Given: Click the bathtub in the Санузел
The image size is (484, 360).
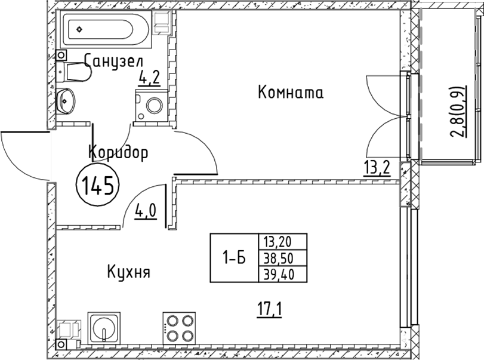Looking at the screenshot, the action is [x=106, y=29].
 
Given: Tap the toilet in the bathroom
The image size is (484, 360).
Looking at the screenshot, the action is [x=74, y=72].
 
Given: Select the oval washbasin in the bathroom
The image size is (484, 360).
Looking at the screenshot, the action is [x=66, y=101].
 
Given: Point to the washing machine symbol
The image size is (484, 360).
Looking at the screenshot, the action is [x=152, y=105].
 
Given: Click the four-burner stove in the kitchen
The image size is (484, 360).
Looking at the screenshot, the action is [x=179, y=328].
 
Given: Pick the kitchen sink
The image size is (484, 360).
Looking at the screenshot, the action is [x=103, y=328].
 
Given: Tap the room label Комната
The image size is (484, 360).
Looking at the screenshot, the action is [x=291, y=93].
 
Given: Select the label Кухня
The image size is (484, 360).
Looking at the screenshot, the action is [x=129, y=272].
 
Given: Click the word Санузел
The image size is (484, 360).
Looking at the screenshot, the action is [x=113, y=61].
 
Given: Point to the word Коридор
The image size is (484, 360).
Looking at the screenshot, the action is [x=118, y=152].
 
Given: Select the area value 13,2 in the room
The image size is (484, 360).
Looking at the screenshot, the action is [x=377, y=168].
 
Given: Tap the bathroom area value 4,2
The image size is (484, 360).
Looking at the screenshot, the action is [x=149, y=78].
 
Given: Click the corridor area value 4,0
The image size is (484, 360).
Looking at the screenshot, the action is [x=146, y=212].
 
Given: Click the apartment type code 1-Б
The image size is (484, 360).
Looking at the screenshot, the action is [x=235, y=258].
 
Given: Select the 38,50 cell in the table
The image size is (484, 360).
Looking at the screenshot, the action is [x=279, y=259].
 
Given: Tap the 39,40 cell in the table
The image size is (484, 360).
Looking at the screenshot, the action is [x=279, y=274].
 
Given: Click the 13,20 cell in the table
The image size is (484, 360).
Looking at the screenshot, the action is [x=278, y=242].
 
